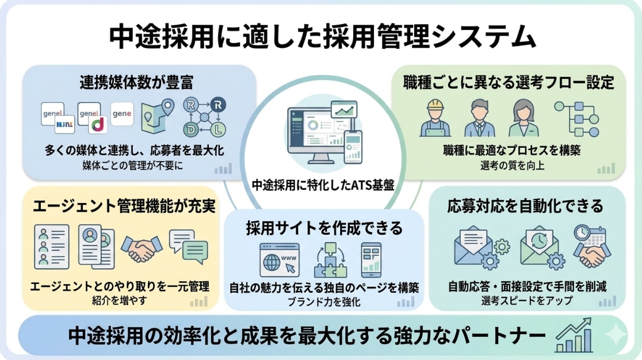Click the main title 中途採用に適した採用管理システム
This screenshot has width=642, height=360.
322,37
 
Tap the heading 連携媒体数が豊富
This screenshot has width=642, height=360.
136,82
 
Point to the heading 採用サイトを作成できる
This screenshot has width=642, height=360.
324,228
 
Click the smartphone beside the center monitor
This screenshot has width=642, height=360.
353,146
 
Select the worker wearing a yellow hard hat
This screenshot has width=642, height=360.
435,118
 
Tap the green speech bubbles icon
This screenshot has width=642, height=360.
188,246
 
